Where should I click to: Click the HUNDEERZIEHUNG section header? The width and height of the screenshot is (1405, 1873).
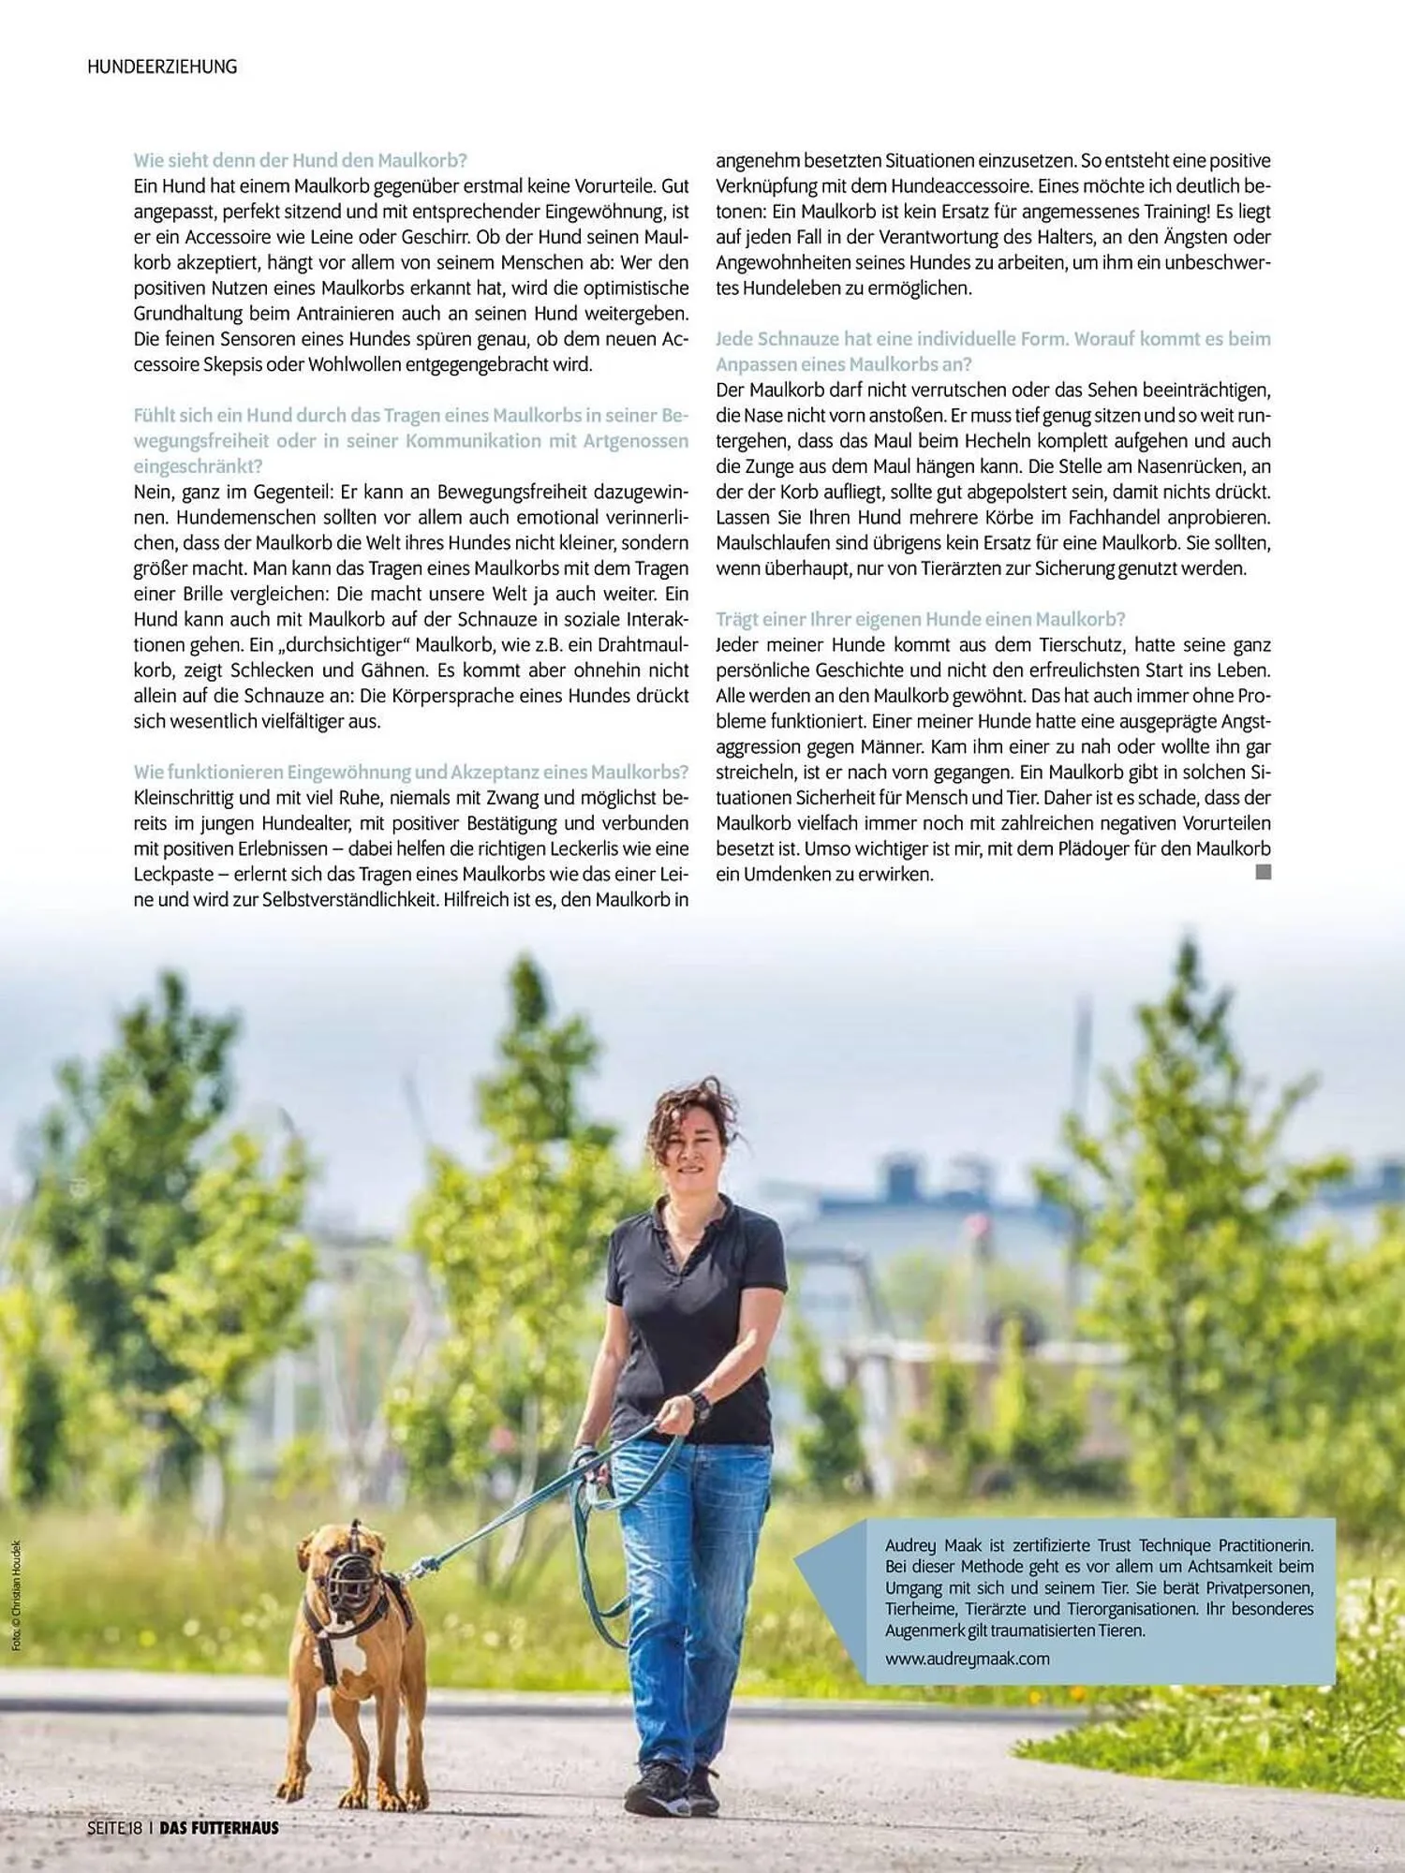point(162,66)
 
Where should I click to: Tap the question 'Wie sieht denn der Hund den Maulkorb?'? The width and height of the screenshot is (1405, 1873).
point(300,160)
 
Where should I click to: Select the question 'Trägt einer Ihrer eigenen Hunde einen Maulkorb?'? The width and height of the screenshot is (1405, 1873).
point(920,619)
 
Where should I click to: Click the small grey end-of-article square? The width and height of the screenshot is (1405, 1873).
point(1263,872)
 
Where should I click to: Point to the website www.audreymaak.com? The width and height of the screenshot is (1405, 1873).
point(967,1659)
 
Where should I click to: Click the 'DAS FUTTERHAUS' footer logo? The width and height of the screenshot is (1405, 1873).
point(219,1827)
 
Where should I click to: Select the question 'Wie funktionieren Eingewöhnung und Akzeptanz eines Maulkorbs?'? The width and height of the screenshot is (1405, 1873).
point(410,773)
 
